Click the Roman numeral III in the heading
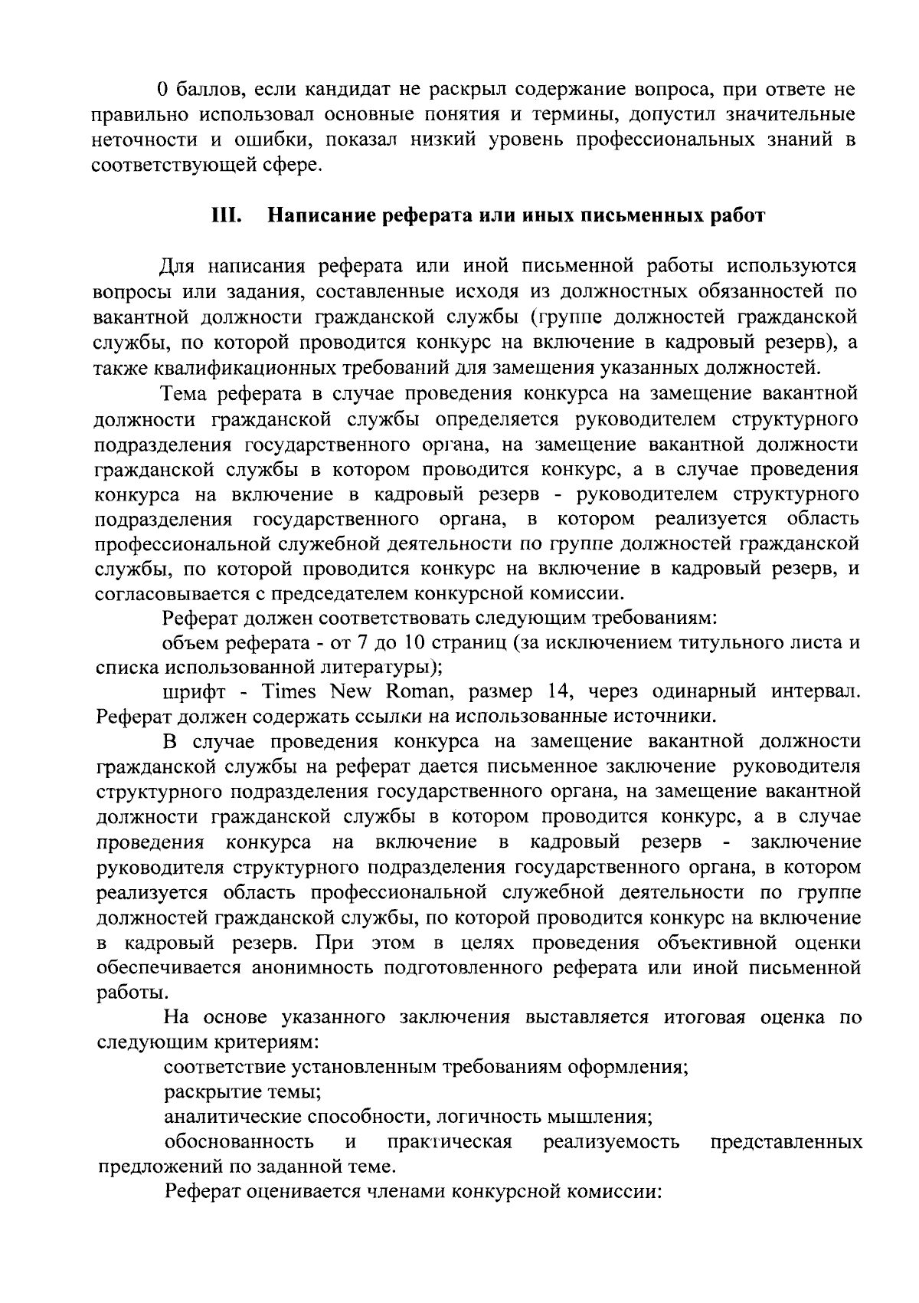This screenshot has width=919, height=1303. [227, 216]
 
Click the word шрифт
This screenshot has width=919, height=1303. [194, 691]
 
